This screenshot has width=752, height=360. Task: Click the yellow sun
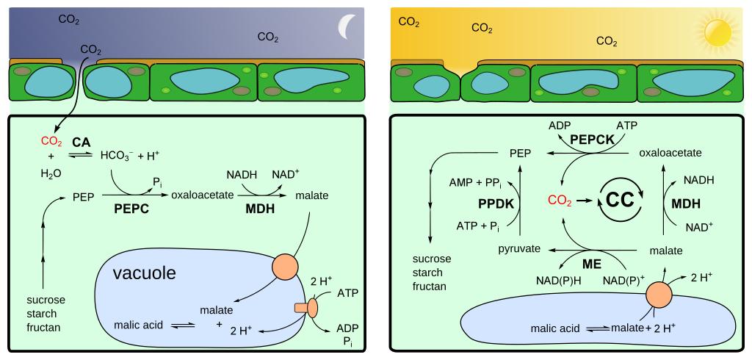(717, 32)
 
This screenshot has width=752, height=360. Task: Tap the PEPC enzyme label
(132, 209)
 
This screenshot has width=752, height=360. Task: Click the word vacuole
(144, 273)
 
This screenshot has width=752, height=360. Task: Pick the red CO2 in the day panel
(562, 200)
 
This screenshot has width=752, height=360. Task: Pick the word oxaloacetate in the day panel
(670, 153)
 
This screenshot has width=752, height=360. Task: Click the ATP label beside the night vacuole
(348, 294)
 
